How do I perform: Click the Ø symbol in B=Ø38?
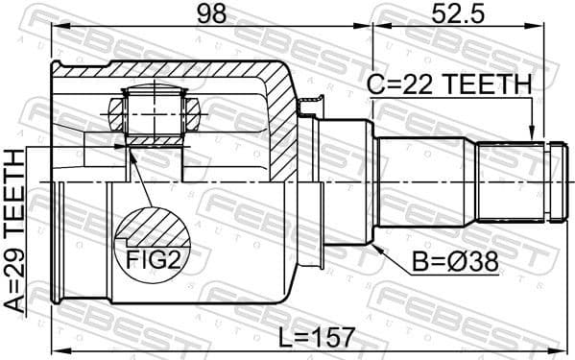[x=454, y=262]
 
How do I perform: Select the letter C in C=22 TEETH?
[x=373, y=84]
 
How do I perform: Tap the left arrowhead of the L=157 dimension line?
[x=57, y=349]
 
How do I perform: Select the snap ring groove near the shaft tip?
[x=544, y=179]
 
